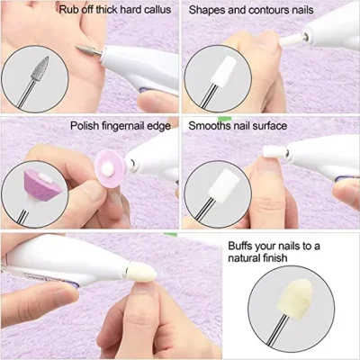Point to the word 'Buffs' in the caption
(x=240, y=246)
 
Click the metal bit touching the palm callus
(x=89, y=50)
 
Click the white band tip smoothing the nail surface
(x=274, y=151)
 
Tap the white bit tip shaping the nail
(x=290, y=40)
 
